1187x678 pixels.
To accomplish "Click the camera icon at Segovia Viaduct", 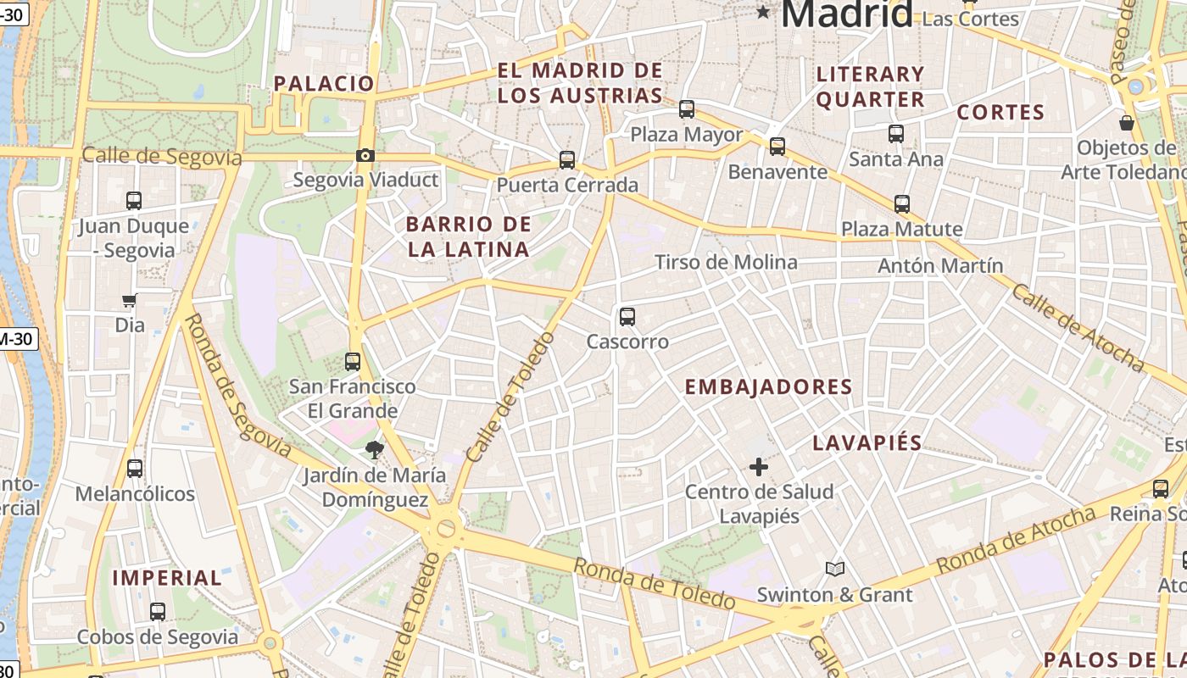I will pyautogui.click(x=365, y=155).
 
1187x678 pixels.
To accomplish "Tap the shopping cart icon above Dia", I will pyautogui.click(x=129, y=300).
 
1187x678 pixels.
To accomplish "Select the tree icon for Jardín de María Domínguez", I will pyautogui.click(x=373, y=450).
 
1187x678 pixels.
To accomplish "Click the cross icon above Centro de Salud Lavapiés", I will pyautogui.click(x=759, y=467).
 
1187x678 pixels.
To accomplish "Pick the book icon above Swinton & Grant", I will pyautogui.click(x=835, y=570).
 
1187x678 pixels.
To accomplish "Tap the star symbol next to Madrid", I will pyautogui.click(x=764, y=12).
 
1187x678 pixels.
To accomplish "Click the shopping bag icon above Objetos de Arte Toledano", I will pyautogui.click(x=1127, y=124).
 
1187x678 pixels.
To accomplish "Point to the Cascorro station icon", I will pyautogui.click(x=627, y=317).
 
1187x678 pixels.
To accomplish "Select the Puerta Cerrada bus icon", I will pyautogui.click(x=567, y=160).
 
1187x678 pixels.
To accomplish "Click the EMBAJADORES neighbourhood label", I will pyautogui.click(x=768, y=387).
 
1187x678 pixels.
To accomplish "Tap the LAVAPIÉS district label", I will pyautogui.click(x=867, y=442).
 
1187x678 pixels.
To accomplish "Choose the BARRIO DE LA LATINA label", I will pyautogui.click(x=469, y=237).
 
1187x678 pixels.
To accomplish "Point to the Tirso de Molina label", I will pyautogui.click(x=726, y=262).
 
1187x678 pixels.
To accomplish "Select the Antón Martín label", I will pyautogui.click(x=940, y=265).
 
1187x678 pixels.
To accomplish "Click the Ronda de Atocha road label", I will pyautogui.click(x=1016, y=539).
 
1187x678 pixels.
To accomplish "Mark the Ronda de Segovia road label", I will pyautogui.click(x=237, y=386).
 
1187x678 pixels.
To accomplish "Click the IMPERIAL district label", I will pyautogui.click(x=167, y=578).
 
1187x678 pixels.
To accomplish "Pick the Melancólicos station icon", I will pyautogui.click(x=134, y=469).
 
